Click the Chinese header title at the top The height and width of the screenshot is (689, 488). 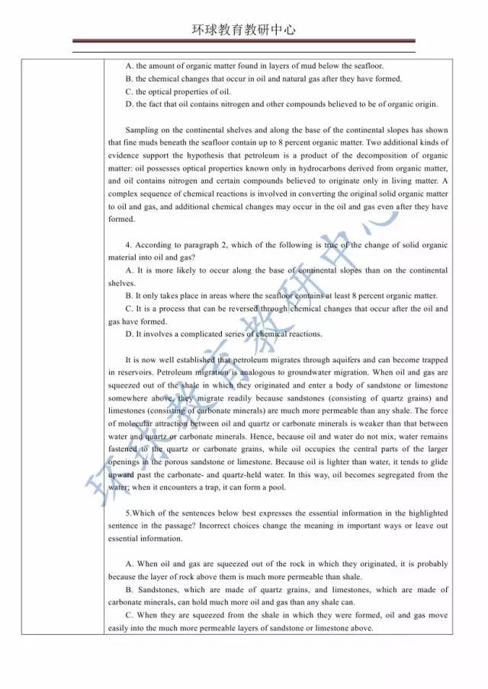(x=244, y=30)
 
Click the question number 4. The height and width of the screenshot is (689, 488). (x=127, y=245)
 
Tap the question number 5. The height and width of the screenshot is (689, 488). (x=127, y=514)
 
